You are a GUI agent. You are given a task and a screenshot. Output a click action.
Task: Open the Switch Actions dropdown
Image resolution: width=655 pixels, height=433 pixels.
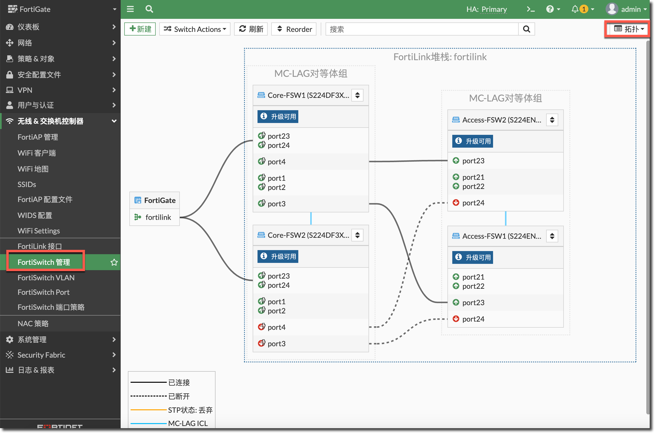click(x=195, y=29)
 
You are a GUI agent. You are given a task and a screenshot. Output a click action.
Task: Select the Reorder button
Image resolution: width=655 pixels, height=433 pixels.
click(x=294, y=29)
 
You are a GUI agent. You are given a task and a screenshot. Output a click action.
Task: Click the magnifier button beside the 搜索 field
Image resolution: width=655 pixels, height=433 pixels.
click(x=526, y=29)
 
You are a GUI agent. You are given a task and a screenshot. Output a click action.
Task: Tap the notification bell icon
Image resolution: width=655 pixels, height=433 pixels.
click(x=575, y=9)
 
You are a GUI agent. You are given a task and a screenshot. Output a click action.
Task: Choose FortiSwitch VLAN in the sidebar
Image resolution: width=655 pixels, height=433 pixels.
click(x=46, y=278)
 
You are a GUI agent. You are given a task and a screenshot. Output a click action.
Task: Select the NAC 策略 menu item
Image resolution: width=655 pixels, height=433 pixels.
click(x=33, y=323)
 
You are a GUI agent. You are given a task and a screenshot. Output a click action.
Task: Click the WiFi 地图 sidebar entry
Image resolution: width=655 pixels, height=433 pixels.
click(x=33, y=169)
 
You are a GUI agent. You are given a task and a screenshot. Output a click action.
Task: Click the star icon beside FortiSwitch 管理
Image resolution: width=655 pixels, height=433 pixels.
click(x=114, y=262)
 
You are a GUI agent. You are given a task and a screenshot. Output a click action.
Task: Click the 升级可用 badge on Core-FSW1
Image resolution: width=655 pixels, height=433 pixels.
click(x=278, y=116)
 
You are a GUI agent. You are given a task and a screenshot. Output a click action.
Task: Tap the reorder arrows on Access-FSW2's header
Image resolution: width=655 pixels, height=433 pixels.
click(x=552, y=120)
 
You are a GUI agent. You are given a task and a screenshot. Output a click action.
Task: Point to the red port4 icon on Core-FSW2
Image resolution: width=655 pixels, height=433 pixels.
click(x=261, y=327)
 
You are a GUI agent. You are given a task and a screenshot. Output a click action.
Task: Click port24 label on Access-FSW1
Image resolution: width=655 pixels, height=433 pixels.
click(x=473, y=319)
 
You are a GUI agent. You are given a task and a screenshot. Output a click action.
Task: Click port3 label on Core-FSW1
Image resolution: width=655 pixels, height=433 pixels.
click(x=277, y=204)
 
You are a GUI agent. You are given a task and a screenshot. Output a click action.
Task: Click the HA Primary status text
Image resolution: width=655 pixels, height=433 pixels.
click(x=487, y=9)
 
